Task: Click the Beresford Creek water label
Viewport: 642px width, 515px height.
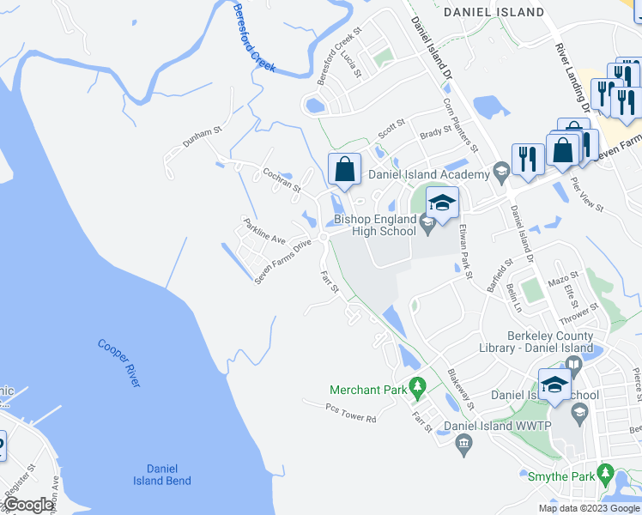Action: (253, 38)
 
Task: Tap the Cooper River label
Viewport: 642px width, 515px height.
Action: (118, 362)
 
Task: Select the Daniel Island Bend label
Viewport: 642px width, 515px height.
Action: (162, 475)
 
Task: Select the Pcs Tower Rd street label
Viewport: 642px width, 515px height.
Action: (351, 414)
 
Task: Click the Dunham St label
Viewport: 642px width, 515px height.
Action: (202, 136)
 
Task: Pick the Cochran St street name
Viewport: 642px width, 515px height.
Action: (282, 180)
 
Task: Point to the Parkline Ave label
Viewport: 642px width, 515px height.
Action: (263, 230)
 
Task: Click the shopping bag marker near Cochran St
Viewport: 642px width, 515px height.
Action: (343, 168)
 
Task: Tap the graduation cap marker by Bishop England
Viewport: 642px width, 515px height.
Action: (442, 204)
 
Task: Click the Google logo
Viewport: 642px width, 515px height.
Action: (28, 505)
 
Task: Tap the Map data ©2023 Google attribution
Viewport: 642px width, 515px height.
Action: (588, 508)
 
